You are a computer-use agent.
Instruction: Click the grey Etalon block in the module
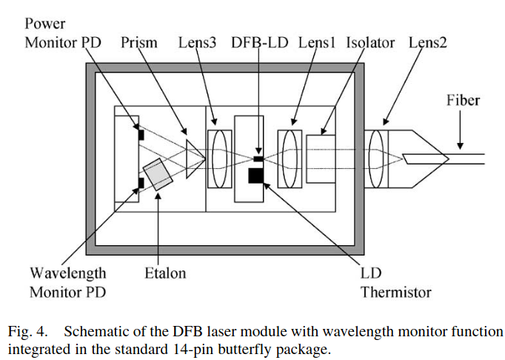click(158, 173)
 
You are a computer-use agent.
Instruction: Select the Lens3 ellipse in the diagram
click(218, 158)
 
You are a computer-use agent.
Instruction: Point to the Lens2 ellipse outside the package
click(379, 158)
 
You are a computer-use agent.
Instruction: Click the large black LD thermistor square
click(256, 175)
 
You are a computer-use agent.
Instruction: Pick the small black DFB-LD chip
click(257, 159)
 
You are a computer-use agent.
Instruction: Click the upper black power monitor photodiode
click(140, 135)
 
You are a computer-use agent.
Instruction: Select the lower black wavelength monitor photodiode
click(140, 182)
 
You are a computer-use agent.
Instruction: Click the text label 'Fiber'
click(463, 100)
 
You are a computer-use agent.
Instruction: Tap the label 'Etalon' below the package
click(165, 273)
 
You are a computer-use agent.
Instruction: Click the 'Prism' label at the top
click(139, 42)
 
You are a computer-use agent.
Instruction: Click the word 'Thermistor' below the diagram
click(395, 292)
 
